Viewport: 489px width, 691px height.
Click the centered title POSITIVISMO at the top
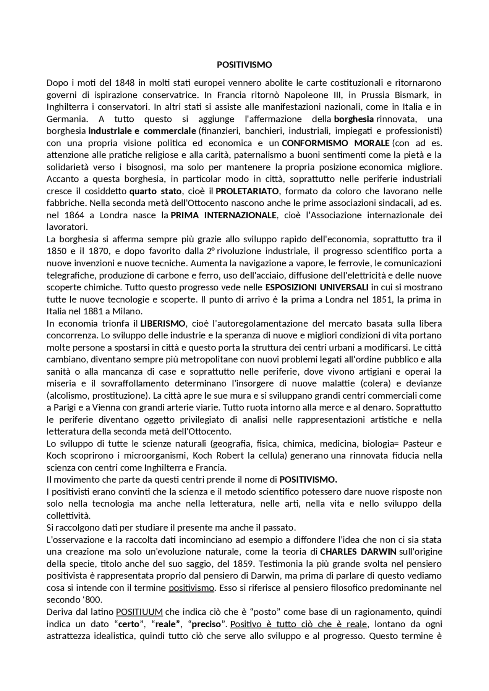244,65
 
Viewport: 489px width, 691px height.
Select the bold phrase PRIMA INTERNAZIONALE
223,215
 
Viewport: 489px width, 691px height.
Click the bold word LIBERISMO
163,324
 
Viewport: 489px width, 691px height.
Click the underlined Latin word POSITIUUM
139,612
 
